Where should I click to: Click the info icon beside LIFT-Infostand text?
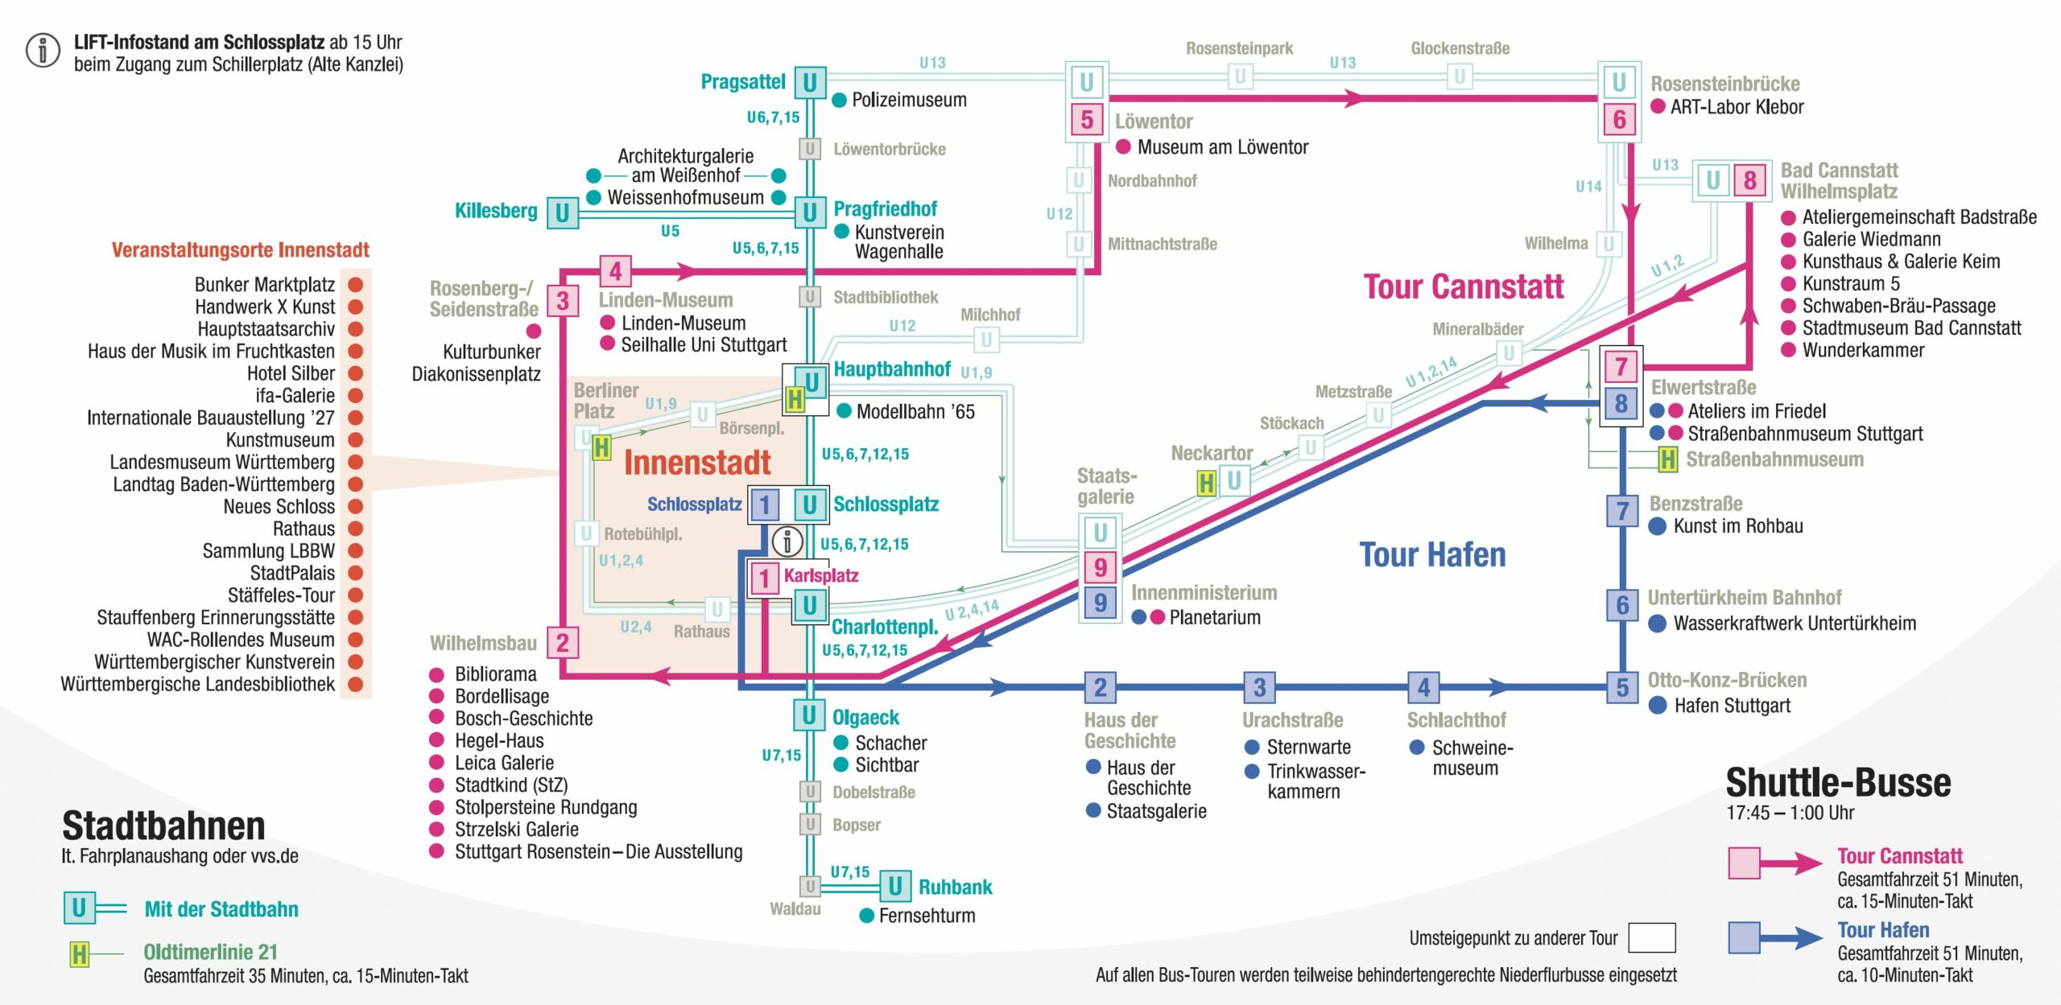pos(43,50)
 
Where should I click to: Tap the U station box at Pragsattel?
pos(810,82)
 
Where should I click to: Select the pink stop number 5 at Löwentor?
pos(1086,120)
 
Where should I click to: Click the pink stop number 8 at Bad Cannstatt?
pos(1749,180)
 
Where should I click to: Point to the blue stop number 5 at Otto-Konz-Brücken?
pos(1622,687)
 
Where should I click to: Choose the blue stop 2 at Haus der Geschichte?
pos(1100,687)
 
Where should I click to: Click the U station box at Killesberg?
pos(562,213)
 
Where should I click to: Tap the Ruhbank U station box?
pos(894,886)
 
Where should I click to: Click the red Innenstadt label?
pos(697,463)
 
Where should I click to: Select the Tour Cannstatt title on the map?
pos(1463,286)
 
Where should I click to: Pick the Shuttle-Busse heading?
pos(1838,783)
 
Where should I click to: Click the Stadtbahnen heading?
pos(163,826)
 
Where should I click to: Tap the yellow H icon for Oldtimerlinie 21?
pos(79,954)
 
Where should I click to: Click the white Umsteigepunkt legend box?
pos(1651,937)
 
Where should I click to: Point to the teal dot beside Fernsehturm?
pos(866,916)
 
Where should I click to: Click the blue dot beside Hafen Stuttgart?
pos(1658,706)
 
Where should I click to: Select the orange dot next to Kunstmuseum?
pos(355,440)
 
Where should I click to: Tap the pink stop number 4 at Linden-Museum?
pos(615,271)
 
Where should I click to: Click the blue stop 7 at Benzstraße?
pos(1622,511)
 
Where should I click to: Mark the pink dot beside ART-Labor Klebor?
pos(1658,106)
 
